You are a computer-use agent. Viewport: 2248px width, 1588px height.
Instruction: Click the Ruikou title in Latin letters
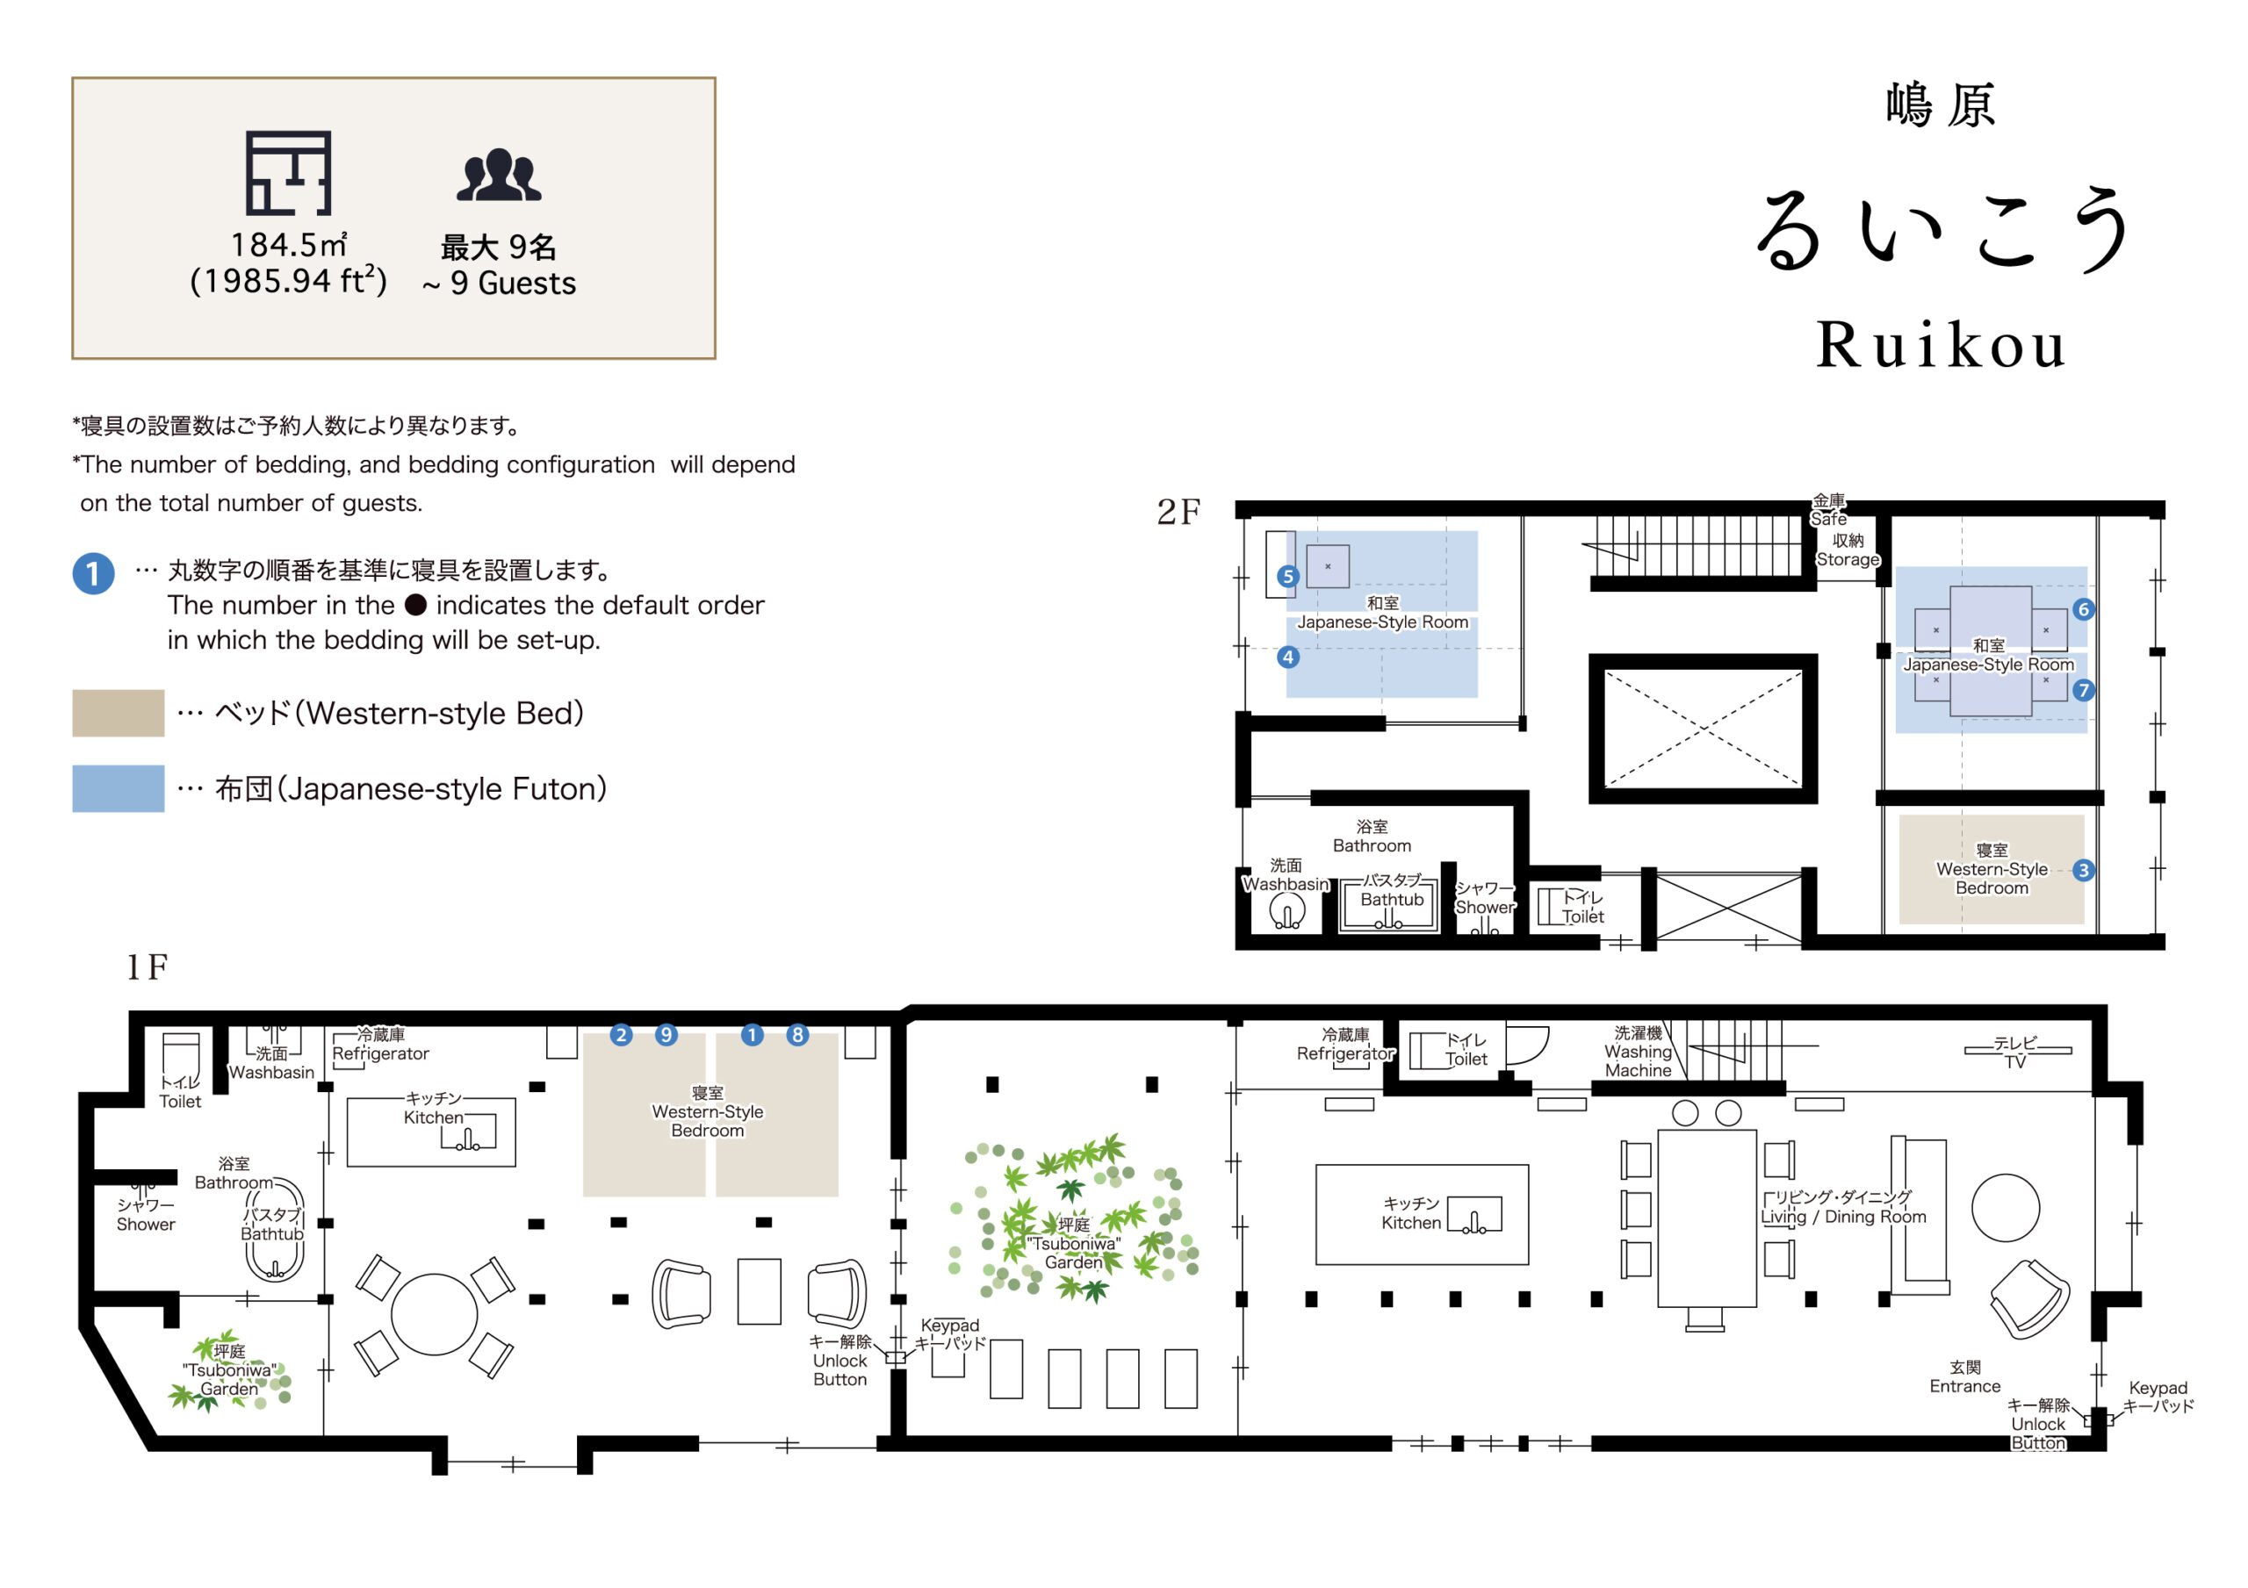(1941, 346)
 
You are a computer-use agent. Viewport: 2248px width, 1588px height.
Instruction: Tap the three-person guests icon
(499, 176)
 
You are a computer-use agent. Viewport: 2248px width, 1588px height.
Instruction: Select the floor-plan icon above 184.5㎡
(288, 173)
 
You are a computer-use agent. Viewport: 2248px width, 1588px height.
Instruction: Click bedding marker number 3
(2084, 870)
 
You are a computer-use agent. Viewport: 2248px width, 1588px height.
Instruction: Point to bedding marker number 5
(1287, 577)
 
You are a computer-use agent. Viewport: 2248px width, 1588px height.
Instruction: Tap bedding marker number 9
(666, 1035)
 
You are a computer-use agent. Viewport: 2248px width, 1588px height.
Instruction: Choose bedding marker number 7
(2084, 690)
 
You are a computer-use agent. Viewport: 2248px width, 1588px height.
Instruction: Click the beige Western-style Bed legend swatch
(118, 713)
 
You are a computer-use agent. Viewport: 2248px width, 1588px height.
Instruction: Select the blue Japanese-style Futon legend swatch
(118, 788)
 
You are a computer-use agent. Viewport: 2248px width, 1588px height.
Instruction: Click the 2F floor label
(1178, 512)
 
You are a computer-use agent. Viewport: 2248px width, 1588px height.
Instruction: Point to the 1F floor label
(147, 967)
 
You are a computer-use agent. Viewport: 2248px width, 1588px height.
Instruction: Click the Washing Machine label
(1638, 1053)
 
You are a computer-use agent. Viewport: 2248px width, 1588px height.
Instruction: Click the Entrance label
(1964, 1377)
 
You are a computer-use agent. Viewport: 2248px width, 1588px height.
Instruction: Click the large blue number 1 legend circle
(93, 574)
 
